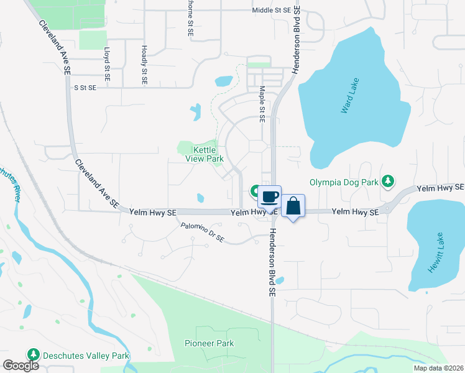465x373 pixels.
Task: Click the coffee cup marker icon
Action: (x=269, y=198)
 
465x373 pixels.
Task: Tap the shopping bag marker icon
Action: (x=293, y=206)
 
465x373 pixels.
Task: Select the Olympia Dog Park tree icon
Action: (x=389, y=181)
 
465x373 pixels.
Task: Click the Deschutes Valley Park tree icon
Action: (x=34, y=356)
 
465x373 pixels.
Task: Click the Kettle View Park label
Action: (x=205, y=154)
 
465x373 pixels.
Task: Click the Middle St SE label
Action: (x=272, y=11)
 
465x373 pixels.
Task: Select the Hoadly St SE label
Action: (x=144, y=65)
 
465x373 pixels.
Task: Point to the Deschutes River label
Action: (x=12, y=183)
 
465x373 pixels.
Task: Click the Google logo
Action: (x=21, y=366)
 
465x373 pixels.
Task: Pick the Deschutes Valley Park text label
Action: (x=86, y=356)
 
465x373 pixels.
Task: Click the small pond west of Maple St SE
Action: (x=223, y=81)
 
